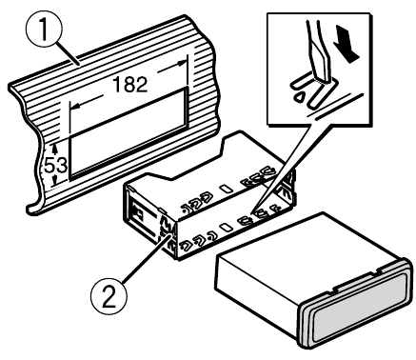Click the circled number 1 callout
tap(44, 30)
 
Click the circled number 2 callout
tap(109, 296)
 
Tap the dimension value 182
tap(130, 85)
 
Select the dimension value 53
tap(56, 166)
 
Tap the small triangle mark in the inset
tap(299, 97)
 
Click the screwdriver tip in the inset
tap(323, 78)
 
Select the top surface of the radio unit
tap(311, 245)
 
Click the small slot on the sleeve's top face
tap(227, 189)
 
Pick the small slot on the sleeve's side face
tap(226, 228)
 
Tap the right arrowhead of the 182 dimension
tap(182, 63)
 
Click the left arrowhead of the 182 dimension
tap(74, 108)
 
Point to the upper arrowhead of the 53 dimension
tap(55, 148)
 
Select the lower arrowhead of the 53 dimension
tap(55, 181)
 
